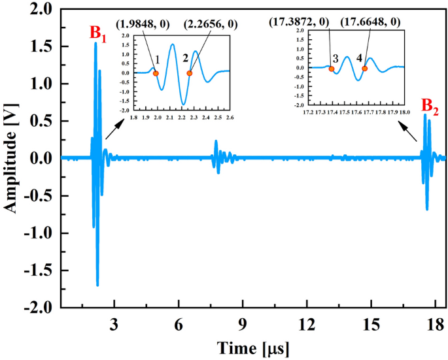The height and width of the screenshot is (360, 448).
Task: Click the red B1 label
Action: click(100, 31)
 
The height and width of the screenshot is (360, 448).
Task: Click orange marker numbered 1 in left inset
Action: click(156, 73)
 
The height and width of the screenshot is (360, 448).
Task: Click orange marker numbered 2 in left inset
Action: click(190, 73)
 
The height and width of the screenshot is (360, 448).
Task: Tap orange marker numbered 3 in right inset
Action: click(332, 69)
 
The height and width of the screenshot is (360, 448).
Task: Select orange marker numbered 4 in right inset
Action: click(364, 69)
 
